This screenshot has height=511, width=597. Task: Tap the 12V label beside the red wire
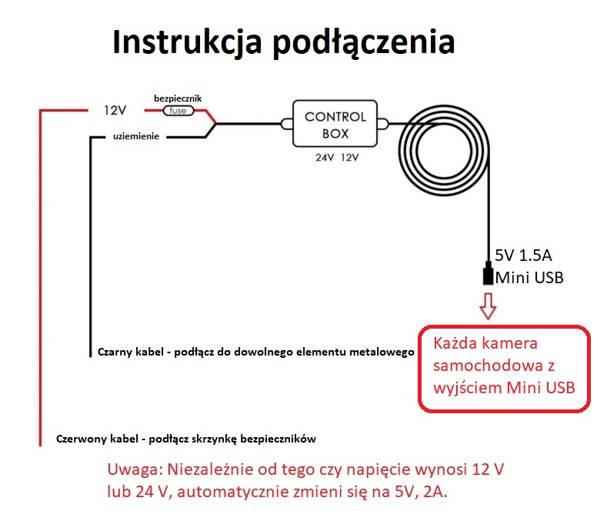115,110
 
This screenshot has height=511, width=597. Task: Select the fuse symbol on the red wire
178,111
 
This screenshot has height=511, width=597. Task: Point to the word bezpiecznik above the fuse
178,99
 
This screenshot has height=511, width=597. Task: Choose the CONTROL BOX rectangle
335,124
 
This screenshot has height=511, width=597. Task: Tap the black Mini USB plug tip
488,275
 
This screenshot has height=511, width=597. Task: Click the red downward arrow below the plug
488,306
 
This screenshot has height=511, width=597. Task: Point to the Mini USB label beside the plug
529,277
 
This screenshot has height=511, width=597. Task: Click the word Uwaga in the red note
135,469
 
